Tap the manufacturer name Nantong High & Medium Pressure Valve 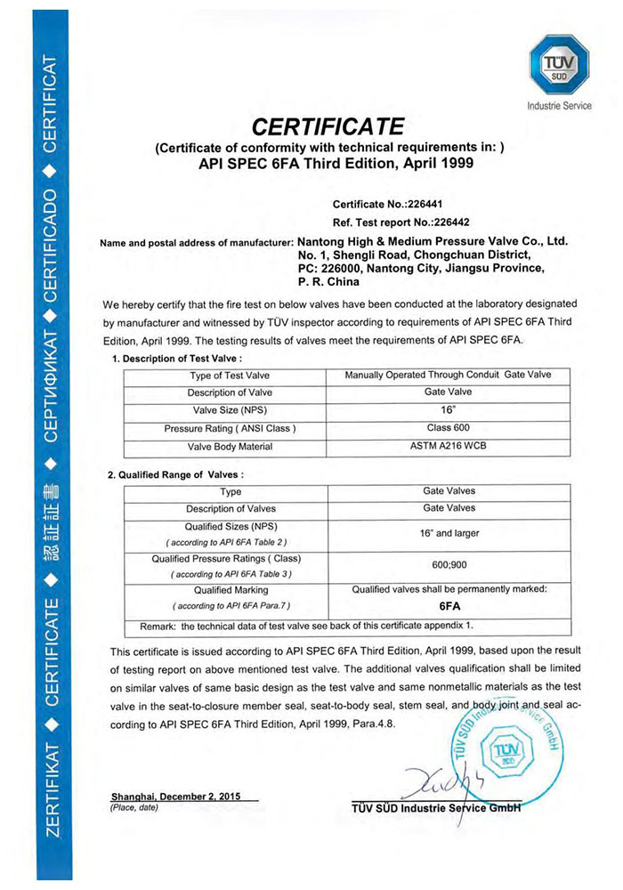pos(432,240)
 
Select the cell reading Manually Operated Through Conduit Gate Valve pos(448,375)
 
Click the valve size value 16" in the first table pos(448,410)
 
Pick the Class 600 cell pos(448,428)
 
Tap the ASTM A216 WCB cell pos(448,446)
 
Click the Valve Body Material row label pos(231,446)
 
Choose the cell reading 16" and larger pos(448,533)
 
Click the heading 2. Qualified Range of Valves pos(175,474)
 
